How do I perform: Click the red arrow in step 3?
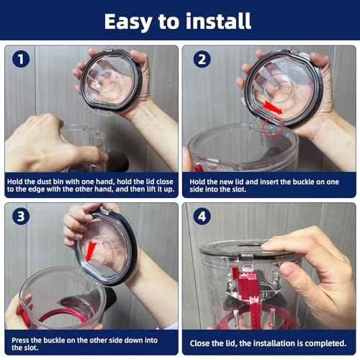91,252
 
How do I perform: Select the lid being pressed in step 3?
108,245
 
